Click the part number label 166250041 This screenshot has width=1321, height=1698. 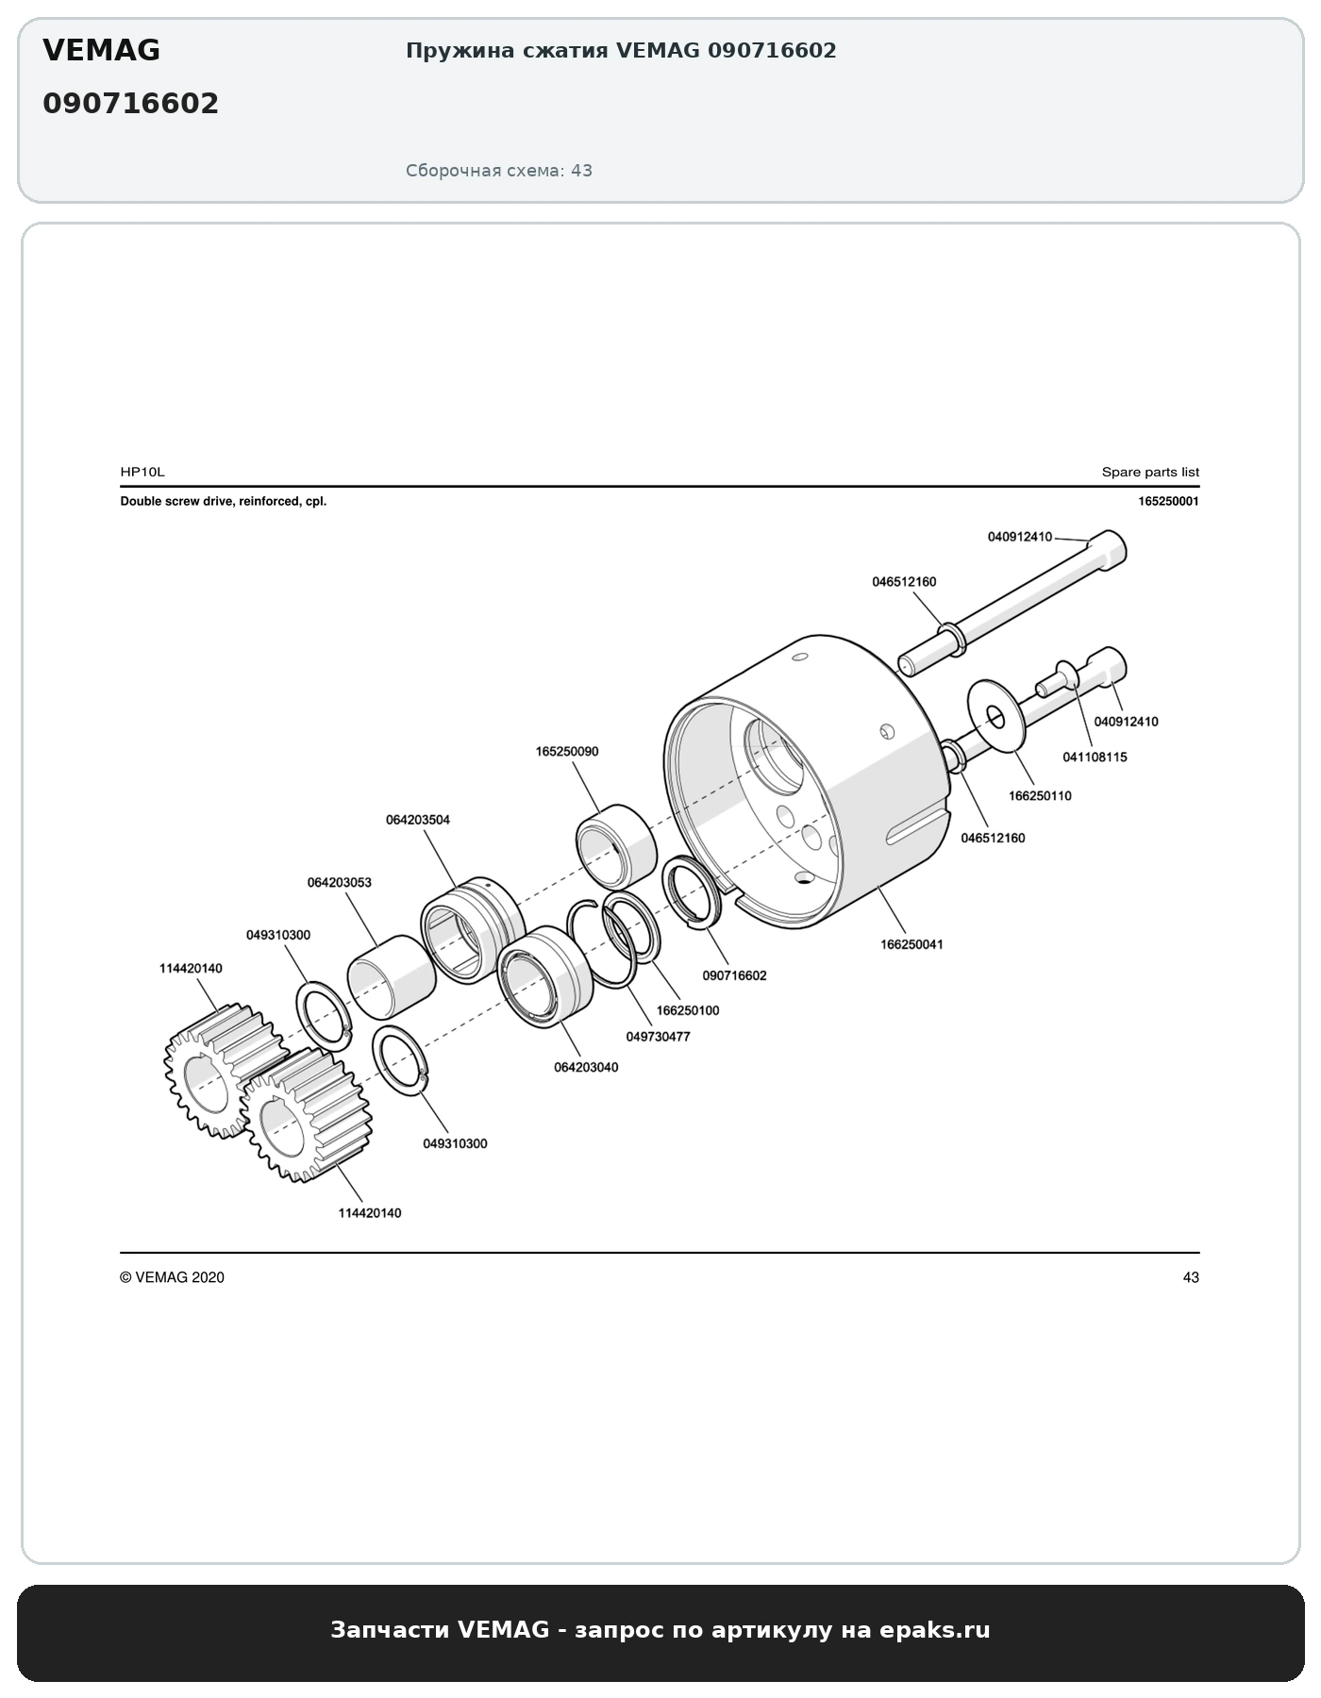point(911,944)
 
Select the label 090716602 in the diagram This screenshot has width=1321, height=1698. point(735,975)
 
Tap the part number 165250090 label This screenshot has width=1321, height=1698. point(566,752)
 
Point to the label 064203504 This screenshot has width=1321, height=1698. point(418,820)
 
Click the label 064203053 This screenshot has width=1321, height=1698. point(340,883)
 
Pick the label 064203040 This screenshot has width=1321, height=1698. point(586,1067)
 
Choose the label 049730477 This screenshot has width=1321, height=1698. point(659,1036)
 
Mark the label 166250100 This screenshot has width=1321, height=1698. point(688,1010)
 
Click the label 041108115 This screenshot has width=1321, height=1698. point(1095,757)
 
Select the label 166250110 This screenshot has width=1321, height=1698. point(1040,795)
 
